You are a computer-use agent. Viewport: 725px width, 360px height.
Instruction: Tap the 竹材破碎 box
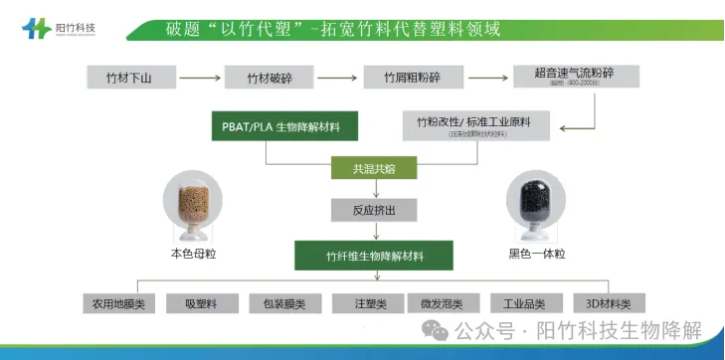(x=263, y=77)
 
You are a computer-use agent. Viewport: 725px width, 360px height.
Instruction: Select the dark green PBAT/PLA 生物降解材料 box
(x=283, y=127)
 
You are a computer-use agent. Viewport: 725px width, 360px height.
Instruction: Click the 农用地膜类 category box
(x=118, y=303)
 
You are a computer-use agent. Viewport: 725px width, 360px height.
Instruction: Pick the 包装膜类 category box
(x=283, y=303)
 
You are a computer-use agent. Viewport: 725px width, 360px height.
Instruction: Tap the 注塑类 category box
(x=365, y=303)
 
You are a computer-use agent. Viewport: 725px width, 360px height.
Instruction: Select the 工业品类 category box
(x=526, y=303)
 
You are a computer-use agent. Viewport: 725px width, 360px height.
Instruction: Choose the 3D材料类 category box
(x=609, y=303)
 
